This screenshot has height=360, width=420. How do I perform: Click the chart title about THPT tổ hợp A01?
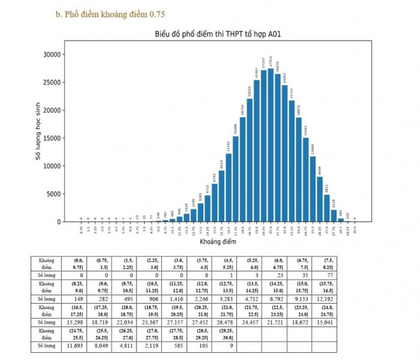[x=219, y=35]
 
